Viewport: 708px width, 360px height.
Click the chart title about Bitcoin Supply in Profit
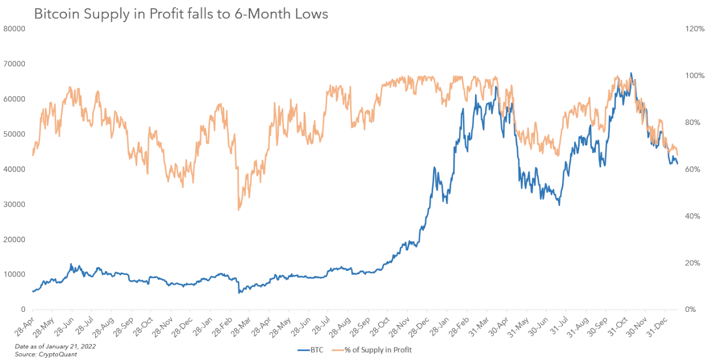(x=181, y=14)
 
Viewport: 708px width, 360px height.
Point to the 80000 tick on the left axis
(x=15, y=29)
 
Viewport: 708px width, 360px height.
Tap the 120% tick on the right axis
(x=695, y=29)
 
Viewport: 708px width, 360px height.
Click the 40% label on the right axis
(x=694, y=216)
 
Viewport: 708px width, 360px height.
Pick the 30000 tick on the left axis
(x=15, y=205)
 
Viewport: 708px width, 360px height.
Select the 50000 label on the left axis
(x=15, y=134)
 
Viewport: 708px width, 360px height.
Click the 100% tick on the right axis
(x=695, y=76)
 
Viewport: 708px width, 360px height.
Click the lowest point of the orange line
(x=238, y=210)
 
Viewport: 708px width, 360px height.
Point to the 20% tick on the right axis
(x=694, y=263)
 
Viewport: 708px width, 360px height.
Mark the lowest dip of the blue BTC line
(x=239, y=293)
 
